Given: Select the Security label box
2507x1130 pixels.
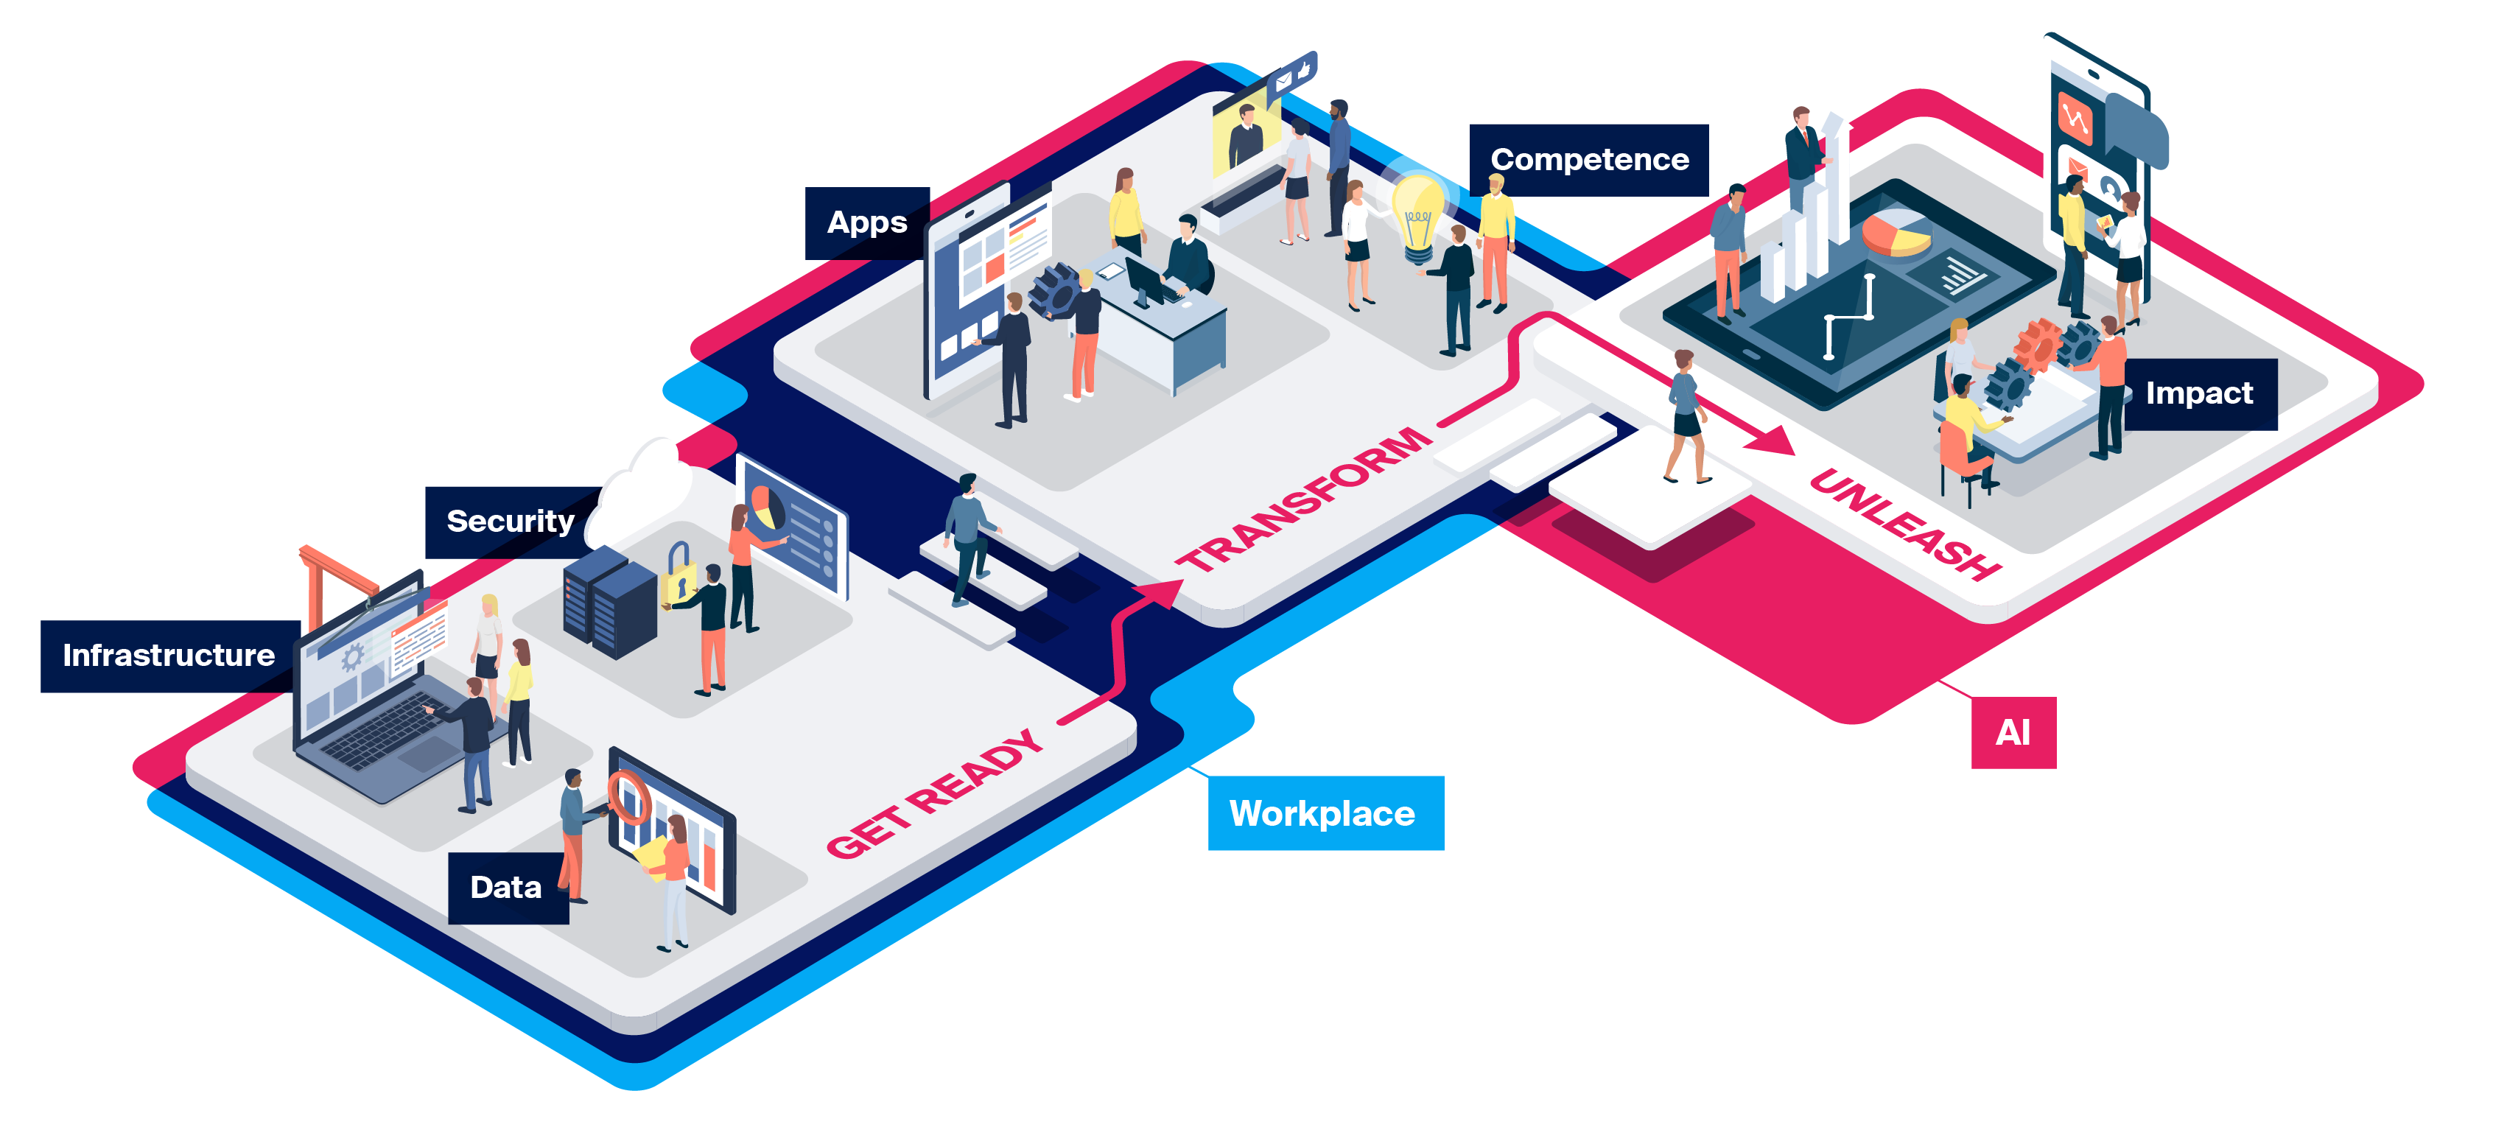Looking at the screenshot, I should point(510,522).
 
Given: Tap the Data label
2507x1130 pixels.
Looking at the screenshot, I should point(506,888).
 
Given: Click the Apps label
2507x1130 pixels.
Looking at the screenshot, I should point(866,223).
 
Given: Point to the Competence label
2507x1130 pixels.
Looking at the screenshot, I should point(1588,160).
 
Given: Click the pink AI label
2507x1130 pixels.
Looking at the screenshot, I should point(2013,733).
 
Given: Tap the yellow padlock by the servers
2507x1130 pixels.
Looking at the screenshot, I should point(679,576).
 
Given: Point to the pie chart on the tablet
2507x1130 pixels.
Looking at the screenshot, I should point(1895,234).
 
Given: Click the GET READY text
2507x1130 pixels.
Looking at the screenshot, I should point(934,794).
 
